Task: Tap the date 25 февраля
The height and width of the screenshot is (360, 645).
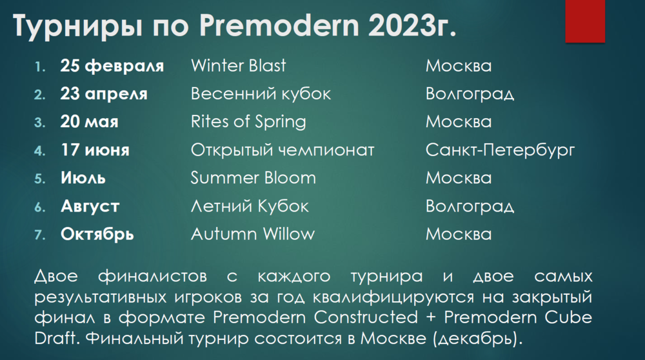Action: tap(112, 66)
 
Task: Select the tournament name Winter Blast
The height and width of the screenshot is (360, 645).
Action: tap(238, 66)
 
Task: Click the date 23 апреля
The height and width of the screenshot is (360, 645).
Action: tap(104, 94)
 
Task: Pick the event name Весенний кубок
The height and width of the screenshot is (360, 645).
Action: tap(261, 94)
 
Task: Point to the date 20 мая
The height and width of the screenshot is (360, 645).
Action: tap(90, 122)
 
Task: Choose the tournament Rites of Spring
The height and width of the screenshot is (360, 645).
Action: tap(248, 122)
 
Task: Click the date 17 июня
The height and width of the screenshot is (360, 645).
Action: tap(95, 150)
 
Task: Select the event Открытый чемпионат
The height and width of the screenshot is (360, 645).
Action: tap(283, 150)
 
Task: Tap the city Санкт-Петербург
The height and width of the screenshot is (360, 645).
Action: tap(500, 150)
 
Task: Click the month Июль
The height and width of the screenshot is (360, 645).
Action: tap(83, 178)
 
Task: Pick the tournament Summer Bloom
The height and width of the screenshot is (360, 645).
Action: tap(253, 178)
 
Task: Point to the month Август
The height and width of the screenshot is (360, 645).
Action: tap(90, 206)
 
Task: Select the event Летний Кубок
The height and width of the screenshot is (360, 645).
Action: tap(250, 206)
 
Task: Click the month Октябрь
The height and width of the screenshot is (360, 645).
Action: tap(97, 234)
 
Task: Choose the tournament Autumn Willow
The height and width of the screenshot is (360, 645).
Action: tap(253, 234)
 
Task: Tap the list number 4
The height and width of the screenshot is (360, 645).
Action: tap(39, 151)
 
